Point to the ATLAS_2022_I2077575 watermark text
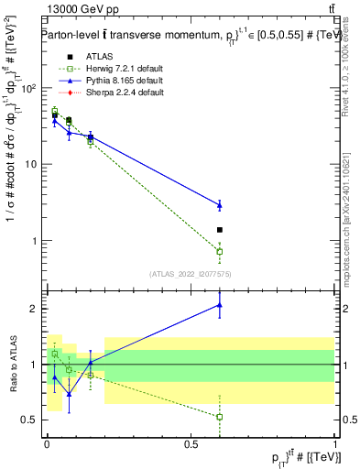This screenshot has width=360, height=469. coord(190,273)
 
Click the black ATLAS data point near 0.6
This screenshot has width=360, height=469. coord(219,230)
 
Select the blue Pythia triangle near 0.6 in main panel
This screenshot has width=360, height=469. coord(219,204)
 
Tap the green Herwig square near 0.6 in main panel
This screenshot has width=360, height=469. coord(219,251)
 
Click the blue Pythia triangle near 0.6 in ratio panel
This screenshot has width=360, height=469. coord(219,305)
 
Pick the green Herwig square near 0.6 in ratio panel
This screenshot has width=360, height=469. coord(219,417)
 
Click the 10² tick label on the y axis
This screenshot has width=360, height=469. coord(27,88)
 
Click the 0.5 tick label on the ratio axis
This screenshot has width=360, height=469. coord(30,420)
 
